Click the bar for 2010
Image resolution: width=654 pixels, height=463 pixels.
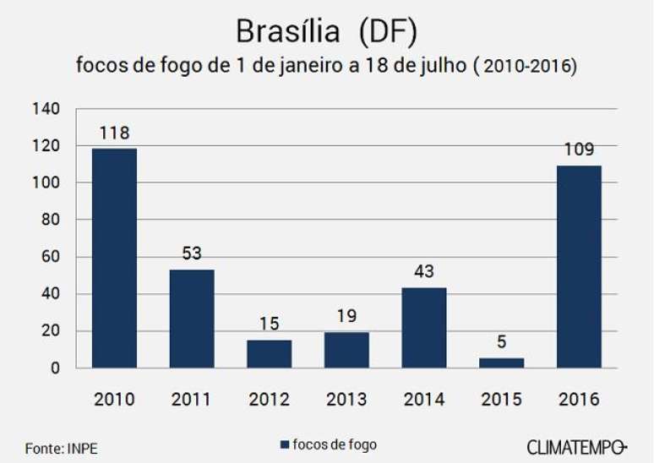[x=115, y=258]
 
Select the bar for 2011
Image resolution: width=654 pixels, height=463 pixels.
[x=192, y=319]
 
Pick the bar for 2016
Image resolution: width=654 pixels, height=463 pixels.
[x=579, y=266]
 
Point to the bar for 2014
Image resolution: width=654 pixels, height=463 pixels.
[x=422, y=328]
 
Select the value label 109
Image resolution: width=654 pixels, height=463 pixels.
[x=579, y=150]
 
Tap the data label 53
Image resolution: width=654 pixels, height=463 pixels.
[x=192, y=253]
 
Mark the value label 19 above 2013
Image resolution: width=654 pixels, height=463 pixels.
[x=346, y=316]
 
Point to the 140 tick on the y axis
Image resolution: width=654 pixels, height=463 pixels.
[x=51, y=109]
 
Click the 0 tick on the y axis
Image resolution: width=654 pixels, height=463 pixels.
[x=57, y=368]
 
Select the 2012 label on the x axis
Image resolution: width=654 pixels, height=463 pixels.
[x=269, y=399]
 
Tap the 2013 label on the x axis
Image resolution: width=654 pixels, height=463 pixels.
[x=346, y=399]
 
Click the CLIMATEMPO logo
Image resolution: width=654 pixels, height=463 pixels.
[x=577, y=445]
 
